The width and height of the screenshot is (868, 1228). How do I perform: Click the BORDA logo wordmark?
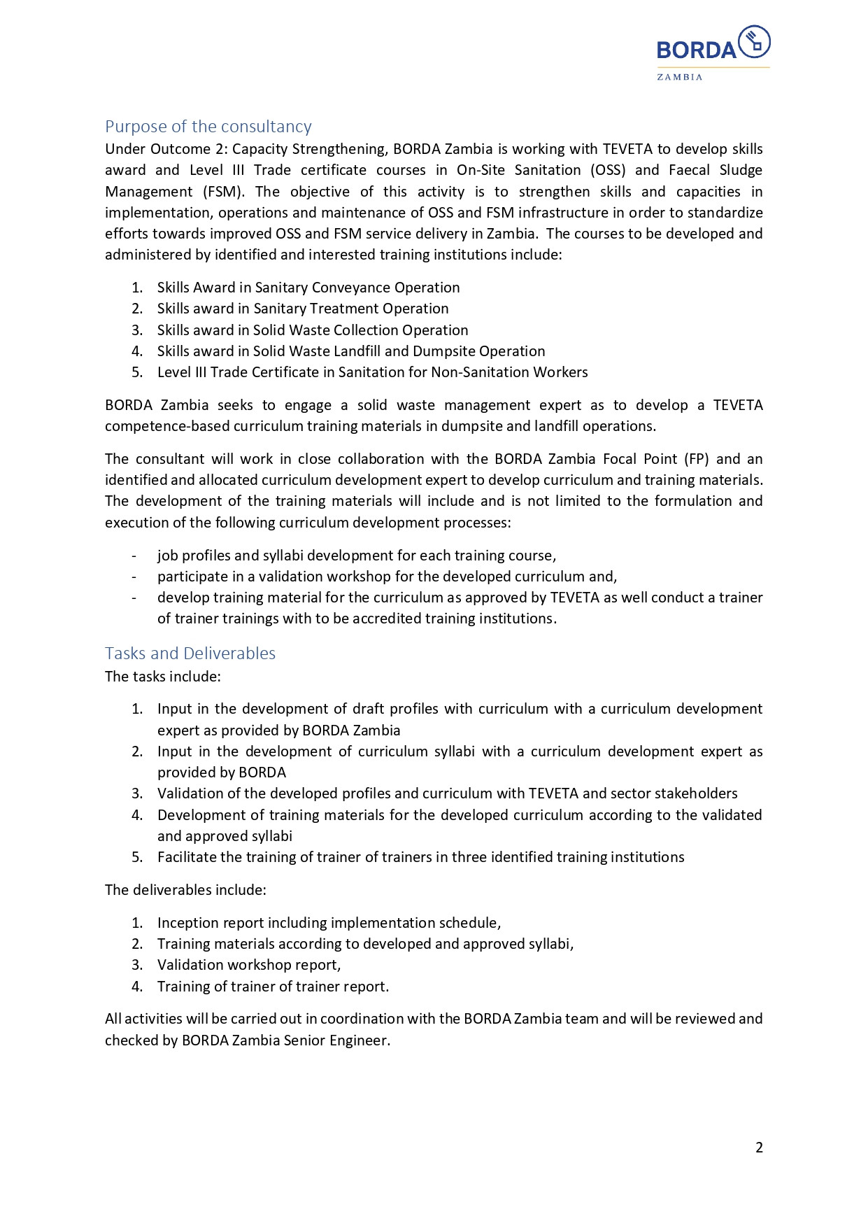click(x=696, y=50)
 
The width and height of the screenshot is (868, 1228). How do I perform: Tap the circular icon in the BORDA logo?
click(x=755, y=41)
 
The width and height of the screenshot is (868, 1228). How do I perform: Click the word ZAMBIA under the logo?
click(x=679, y=77)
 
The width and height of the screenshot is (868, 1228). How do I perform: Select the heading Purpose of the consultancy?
click(x=208, y=127)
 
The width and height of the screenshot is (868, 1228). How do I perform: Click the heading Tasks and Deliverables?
click(x=190, y=654)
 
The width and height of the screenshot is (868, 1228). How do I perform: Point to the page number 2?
click(x=759, y=1148)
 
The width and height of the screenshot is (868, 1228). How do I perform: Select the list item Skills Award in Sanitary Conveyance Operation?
click(x=308, y=288)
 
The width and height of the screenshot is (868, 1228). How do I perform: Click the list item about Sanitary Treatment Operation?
click(x=303, y=309)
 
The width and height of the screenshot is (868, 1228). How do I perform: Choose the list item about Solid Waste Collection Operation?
click(x=313, y=330)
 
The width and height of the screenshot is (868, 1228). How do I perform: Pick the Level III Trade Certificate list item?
click(x=372, y=372)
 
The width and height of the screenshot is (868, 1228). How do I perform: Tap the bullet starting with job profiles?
click(x=357, y=556)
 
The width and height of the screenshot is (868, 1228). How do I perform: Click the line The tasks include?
click(x=163, y=677)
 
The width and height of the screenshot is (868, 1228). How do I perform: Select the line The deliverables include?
click(x=185, y=890)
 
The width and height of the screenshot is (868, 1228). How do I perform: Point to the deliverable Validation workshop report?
click(x=249, y=965)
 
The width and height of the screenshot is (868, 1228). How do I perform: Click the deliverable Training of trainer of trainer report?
click(x=273, y=987)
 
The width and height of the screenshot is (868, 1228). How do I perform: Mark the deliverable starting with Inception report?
click(x=329, y=923)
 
